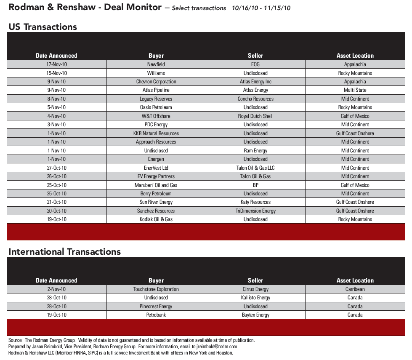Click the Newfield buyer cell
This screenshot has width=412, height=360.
point(156,64)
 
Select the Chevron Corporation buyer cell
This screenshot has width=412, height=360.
point(156,82)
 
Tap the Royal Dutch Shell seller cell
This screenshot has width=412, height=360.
point(255,116)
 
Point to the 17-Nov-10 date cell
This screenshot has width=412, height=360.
point(56,64)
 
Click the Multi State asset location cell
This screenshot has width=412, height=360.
point(355,90)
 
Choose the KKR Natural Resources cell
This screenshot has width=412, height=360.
point(156,133)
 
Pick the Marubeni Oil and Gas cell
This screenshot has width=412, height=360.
point(156,185)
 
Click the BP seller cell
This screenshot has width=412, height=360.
point(255,185)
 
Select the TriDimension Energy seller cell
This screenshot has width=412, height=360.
point(255,211)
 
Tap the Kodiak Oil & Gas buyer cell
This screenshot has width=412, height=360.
point(156,219)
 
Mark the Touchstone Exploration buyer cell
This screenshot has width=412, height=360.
point(156,289)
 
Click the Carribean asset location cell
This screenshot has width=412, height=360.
point(355,289)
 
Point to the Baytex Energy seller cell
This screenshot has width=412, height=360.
point(255,315)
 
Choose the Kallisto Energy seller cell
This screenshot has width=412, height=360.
point(255,298)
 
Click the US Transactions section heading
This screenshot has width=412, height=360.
point(43,27)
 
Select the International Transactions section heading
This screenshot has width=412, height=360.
point(65,252)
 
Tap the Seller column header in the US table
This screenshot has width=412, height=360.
point(255,56)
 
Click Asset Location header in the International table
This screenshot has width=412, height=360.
point(355,280)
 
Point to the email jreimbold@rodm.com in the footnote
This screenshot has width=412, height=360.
point(215,347)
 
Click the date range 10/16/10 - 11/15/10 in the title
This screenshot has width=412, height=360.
point(261,8)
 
